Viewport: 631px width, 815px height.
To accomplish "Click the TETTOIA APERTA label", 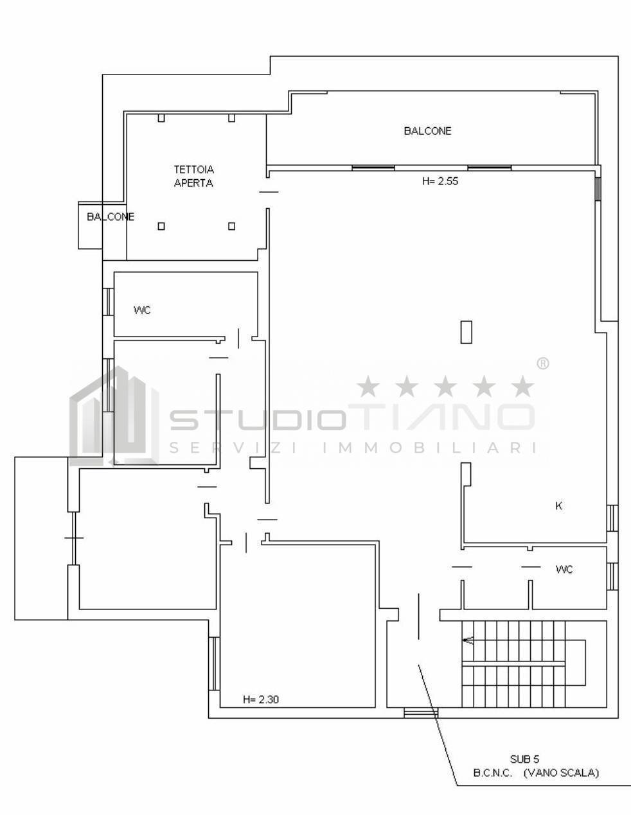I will (193, 176).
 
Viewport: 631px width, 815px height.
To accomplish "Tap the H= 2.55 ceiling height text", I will (440, 182).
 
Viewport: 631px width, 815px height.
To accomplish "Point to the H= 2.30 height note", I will (261, 699).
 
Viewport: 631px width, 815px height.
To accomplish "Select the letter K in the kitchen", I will (558, 506).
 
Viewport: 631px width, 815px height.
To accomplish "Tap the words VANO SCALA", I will (560, 773).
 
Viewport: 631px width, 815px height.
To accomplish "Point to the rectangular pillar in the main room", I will (467, 331).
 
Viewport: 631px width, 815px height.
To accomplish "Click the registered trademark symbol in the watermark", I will (542, 364).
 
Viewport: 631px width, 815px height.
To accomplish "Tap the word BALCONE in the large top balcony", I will (427, 131).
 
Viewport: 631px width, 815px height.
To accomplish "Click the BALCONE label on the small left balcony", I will (111, 217).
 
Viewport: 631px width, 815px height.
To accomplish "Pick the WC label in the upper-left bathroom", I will (142, 310).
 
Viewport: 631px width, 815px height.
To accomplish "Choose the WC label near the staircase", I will (564, 570).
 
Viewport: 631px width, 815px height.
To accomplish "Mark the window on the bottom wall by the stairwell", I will (420, 712).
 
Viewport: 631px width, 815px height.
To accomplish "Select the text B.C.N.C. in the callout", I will (493, 773).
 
